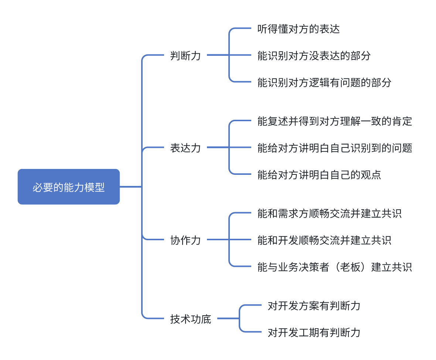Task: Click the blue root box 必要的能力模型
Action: (x=69, y=187)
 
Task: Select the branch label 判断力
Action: (x=185, y=56)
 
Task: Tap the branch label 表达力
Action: (x=185, y=148)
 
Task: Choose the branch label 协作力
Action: (x=185, y=240)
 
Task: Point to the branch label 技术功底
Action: (x=191, y=319)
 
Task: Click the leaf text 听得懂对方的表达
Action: (x=299, y=29)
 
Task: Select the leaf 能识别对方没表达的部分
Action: (x=314, y=56)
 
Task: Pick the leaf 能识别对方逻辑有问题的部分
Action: (x=324, y=82)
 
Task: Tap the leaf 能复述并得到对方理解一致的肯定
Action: (x=335, y=121)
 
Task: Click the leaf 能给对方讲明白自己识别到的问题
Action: (x=335, y=148)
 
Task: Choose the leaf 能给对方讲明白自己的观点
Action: (x=319, y=174)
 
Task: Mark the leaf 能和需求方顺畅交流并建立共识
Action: (x=330, y=213)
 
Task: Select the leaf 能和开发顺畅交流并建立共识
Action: (x=324, y=240)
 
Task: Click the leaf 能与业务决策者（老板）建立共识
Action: (x=335, y=267)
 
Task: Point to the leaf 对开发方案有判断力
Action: (x=314, y=305)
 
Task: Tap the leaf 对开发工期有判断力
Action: (x=314, y=332)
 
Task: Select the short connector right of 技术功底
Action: (x=228, y=319)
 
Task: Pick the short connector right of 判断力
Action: (x=218, y=55)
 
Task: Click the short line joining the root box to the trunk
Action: (x=131, y=187)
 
